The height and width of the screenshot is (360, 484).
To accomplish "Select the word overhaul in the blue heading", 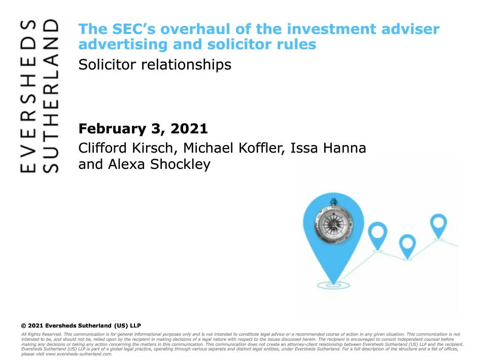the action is coord(196,29).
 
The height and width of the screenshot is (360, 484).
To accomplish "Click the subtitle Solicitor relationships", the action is coord(155,65).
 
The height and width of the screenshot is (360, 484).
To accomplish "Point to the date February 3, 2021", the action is coord(143,129).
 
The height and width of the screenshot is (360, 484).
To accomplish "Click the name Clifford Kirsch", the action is coord(126,148).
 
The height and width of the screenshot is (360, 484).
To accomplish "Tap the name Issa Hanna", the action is coord(328,148).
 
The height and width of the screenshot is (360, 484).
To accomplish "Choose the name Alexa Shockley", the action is coord(159,164).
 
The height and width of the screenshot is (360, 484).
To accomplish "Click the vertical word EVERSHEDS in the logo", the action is coord(28,96).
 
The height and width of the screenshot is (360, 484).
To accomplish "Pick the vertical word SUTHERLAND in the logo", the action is coord(50,96).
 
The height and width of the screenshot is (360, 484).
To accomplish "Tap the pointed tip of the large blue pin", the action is coord(333,283).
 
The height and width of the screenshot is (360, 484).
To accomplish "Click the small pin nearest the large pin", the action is coord(377,236).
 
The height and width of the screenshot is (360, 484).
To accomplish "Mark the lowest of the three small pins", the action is coord(407,246).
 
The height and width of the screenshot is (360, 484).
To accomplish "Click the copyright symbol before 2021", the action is coord(23,326).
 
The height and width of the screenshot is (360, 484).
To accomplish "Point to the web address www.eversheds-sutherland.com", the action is coord(79,354).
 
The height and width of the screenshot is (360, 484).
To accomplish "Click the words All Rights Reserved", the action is coord(42,335).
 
